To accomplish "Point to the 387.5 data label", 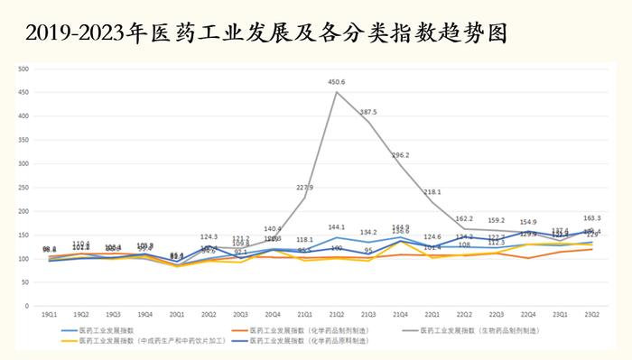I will click(x=368, y=112).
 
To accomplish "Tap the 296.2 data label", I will click(x=400, y=155).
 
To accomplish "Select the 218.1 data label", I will click(x=432, y=192).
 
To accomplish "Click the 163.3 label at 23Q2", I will click(x=592, y=217).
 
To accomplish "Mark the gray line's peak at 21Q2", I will click(x=337, y=91).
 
